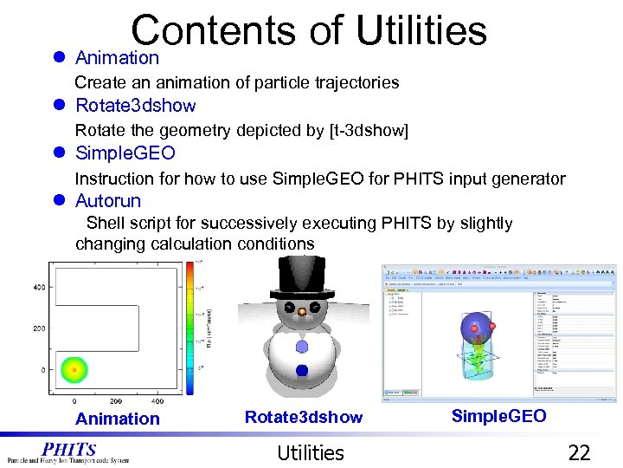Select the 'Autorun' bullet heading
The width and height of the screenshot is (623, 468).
pos(108,201)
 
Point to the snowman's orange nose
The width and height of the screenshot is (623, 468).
pos(301,311)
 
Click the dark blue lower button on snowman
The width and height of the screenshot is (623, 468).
pos(301,371)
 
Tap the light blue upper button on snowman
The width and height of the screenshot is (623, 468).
pos(301,346)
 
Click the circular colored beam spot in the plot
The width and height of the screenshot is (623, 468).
pos(74,370)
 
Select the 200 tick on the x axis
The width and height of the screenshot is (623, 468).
pos(116,402)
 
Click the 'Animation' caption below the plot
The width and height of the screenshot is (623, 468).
pos(118,419)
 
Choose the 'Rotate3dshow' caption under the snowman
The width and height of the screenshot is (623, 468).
pos(304,418)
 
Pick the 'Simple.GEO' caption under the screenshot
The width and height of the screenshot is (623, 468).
pos(498,417)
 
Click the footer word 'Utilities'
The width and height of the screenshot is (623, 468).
pos(310,452)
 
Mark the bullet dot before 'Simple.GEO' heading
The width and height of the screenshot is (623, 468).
pos(59,153)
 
